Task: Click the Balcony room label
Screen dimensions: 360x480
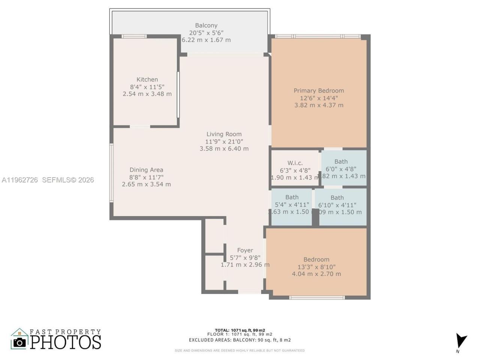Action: (x=206, y=25)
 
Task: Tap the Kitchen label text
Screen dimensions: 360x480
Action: (x=147, y=79)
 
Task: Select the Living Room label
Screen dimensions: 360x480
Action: (x=224, y=134)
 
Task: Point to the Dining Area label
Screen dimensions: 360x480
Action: (x=146, y=170)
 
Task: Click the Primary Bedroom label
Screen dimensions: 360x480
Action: (x=318, y=91)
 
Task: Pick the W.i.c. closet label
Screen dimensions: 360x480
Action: (x=295, y=163)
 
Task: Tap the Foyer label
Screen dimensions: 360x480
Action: (x=245, y=250)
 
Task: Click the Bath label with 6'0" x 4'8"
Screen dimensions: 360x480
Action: (x=341, y=162)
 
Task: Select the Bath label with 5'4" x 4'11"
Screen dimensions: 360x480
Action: (x=292, y=197)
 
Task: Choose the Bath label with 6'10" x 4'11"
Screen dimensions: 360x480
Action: (x=337, y=198)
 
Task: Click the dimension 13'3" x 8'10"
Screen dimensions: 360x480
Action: (x=316, y=267)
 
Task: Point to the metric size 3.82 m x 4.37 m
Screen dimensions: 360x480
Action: (x=319, y=105)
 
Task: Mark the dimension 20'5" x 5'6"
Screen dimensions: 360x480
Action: (x=206, y=33)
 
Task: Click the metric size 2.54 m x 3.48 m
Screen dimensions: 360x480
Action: (x=147, y=94)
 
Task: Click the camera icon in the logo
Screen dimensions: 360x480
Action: (x=19, y=342)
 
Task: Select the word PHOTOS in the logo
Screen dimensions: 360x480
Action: (x=66, y=342)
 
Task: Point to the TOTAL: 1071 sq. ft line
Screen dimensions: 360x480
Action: (x=240, y=330)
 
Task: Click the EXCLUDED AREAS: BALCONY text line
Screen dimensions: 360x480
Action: (x=240, y=340)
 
